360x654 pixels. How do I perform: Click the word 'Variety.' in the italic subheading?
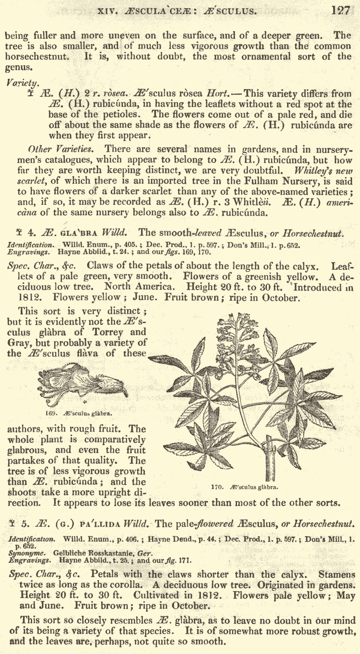pos(23,83)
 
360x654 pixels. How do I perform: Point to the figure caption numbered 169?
pos(78,413)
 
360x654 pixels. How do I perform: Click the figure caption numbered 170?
pos(244,487)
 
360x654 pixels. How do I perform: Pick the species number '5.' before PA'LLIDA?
pos(26,524)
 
